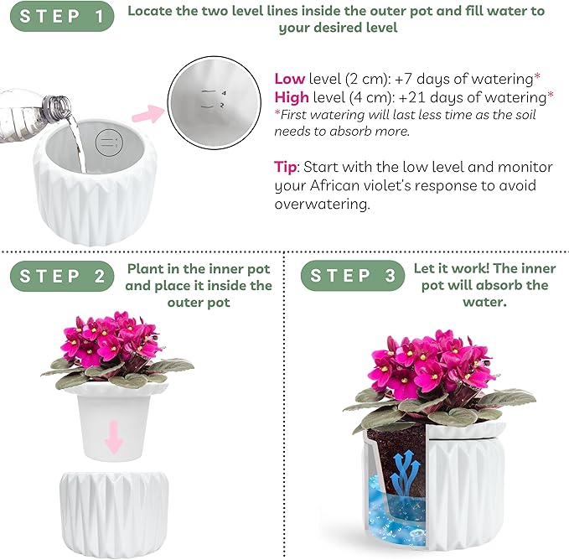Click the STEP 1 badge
click(61, 17)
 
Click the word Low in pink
click(289, 79)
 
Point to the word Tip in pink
click(287, 166)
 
